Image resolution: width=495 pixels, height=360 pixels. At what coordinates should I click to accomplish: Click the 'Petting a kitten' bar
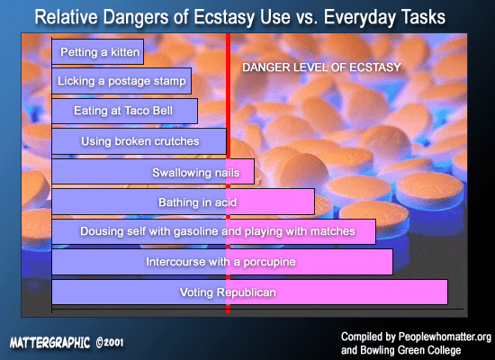pyautogui.click(x=98, y=52)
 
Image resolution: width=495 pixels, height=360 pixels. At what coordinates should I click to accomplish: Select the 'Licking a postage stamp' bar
pyautogui.click(x=121, y=81)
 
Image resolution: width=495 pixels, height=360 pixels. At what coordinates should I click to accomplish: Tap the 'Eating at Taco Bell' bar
pyautogui.click(x=125, y=111)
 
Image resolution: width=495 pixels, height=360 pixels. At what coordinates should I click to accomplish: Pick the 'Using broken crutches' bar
pyautogui.click(x=139, y=141)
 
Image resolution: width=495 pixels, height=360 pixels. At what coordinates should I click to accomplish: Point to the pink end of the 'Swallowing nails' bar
pyautogui.click(x=240, y=172)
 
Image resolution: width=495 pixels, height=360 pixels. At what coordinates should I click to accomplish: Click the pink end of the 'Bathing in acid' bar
pyautogui.click(x=271, y=202)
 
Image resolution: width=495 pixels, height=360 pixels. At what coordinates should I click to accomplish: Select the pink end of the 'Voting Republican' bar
pyautogui.click(x=337, y=292)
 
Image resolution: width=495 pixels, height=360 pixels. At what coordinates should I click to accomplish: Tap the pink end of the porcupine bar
pyautogui.click(x=310, y=262)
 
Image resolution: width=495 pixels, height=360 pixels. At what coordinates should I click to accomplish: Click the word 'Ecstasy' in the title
pyautogui.click(x=224, y=17)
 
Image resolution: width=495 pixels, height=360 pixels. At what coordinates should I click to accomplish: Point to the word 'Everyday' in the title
pyautogui.click(x=360, y=17)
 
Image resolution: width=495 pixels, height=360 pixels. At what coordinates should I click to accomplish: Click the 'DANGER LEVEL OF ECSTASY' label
pyautogui.click(x=321, y=67)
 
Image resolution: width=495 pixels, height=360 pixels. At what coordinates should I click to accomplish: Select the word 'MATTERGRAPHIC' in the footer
pyautogui.click(x=49, y=342)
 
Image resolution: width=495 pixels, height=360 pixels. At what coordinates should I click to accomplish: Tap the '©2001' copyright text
pyautogui.click(x=110, y=342)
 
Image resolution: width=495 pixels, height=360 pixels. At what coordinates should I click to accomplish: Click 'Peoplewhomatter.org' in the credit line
pyautogui.click(x=445, y=337)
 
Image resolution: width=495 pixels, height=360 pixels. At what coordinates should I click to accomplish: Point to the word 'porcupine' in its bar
pyautogui.click(x=270, y=262)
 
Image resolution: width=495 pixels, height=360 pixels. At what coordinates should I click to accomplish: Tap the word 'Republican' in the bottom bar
pyautogui.click(x=247, y=292)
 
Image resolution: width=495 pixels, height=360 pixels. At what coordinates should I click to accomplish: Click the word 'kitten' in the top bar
pyautogui.click(x=125, y=52)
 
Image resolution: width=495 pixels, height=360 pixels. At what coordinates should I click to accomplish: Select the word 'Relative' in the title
pyautogui.click(x=66, y=17)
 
